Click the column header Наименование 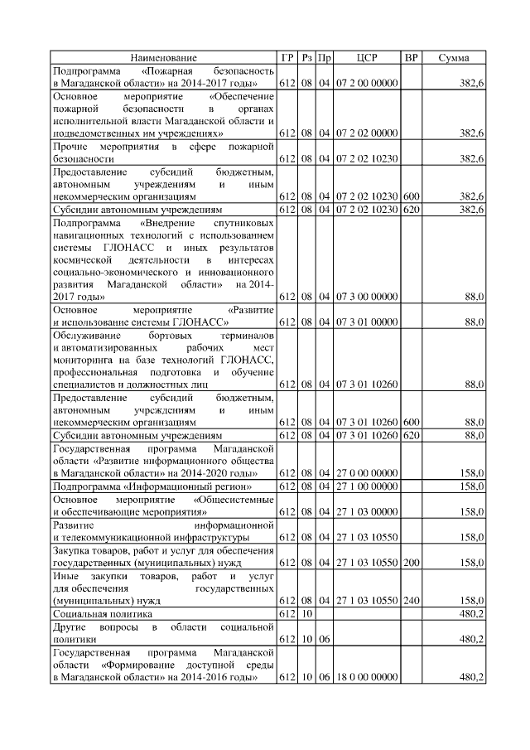(x=163, y=57)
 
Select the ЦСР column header (x=367, y=57)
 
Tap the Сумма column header (x=453, y=57)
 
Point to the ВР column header (x=411, y=57)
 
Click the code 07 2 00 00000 (x=367, y=84)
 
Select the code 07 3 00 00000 (x=367, y=296)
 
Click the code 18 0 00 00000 (x=367, y=677)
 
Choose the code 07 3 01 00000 (x=367, y=322)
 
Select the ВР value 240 (x=411, y=600)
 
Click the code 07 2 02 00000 (x=367, y=133)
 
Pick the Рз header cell (x=306, y=57)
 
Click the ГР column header (x=287, y=57)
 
